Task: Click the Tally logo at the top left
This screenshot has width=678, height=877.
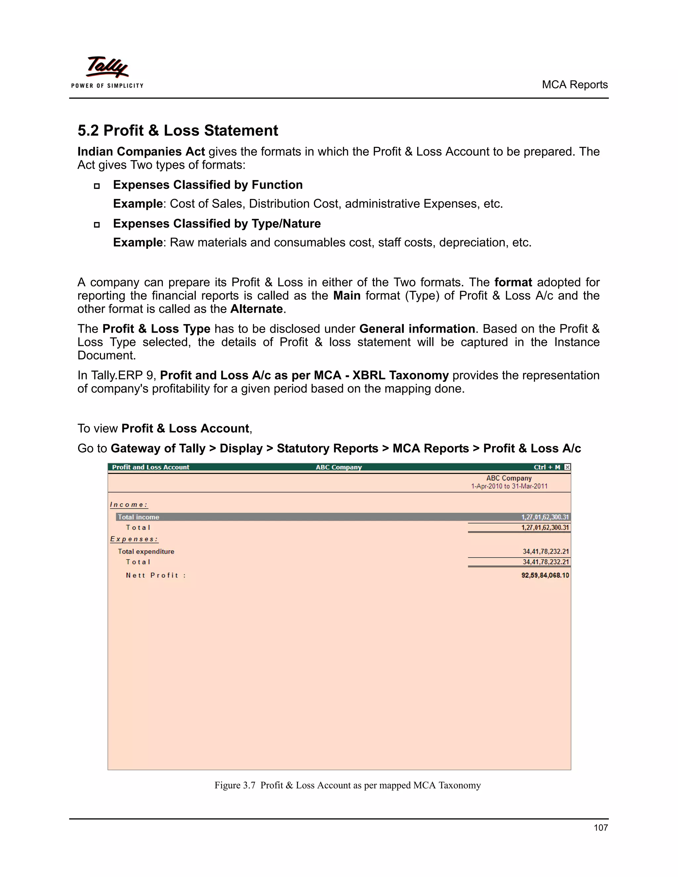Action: click(x=107, y=68)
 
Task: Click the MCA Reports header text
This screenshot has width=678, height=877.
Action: click(x=574, y=85)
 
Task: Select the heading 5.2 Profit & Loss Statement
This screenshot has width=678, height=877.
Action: click(x=177, y=130)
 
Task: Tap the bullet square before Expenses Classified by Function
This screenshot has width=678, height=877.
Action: click(x=97, y=186)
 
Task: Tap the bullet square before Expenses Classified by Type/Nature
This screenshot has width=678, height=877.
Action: click(x=97, y=224)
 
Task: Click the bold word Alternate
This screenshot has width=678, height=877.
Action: click(x=257, y=309)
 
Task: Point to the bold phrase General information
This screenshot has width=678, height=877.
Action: click(x=417, y=329)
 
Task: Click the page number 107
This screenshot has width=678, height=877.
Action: click(x=601, y=827)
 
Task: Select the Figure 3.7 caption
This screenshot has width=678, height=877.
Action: click(x=347, y=785)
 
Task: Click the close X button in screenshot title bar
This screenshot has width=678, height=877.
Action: click(x=567, y=467)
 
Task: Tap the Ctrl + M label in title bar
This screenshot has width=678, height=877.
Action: click(x=547, y=467)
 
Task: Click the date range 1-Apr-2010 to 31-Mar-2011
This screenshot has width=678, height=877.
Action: click(x=509, y=486)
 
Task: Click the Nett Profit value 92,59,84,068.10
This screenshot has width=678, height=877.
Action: click(x=545, y=576)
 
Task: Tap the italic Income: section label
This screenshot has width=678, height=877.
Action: click(x=129, y=505)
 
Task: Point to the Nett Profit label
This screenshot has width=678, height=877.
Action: click(x=156, y=576)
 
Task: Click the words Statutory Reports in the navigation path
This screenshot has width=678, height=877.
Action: click(x=327, y=448)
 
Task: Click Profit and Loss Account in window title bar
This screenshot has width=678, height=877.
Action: click(x=151, y=467)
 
